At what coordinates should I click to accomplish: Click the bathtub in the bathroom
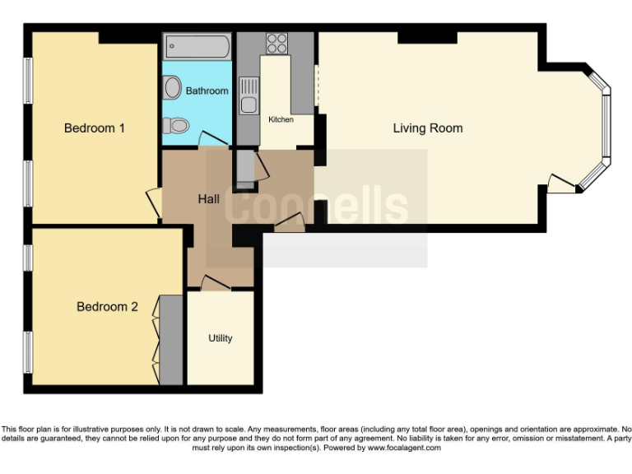[x=197, y=46]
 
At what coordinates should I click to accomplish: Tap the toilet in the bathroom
[x=175, y=125]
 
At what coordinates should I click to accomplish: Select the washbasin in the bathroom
[x=173, y=86]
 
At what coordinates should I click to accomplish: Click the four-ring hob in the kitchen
[x=276, y=43]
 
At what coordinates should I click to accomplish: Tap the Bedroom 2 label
[x=107, y=307]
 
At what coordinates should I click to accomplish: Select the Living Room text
[x=427, y=128]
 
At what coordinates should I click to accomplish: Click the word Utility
[x=220, y=338]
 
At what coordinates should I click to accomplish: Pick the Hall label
[x=208, y=199]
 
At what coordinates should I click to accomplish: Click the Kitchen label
[x=281, y=120]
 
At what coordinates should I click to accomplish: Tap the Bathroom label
[x=207, y=91]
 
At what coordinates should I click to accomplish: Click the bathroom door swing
[x=212, y=140]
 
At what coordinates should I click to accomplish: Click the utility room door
[x=215, y=282]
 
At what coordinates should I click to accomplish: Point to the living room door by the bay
[x=561, y=185]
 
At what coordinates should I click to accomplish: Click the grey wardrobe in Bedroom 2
[x=171, y=339]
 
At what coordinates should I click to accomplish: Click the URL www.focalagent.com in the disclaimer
[x=404, y=448]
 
